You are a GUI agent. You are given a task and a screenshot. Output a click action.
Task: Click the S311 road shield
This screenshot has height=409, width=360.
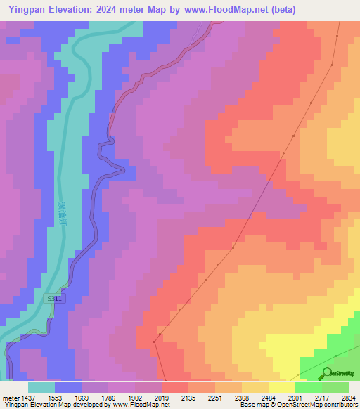pos(56,299)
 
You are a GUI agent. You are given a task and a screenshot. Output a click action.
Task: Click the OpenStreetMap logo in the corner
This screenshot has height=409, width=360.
pos(338,372)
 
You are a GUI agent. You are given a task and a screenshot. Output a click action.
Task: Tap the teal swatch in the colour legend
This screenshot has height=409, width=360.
pos(41,387)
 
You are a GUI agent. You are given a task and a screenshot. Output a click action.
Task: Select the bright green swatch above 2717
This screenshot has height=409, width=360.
pos(308,387)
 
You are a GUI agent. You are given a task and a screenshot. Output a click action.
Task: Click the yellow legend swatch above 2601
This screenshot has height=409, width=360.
pos(281,387)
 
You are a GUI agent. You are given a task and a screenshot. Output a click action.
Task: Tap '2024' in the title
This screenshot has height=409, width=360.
pos(118,10)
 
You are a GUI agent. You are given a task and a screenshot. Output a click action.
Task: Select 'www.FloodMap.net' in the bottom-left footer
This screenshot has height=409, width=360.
pos(141,405)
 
